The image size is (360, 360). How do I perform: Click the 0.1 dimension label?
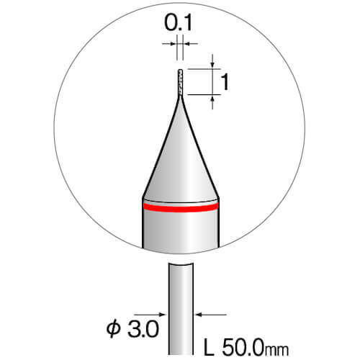[x=178, y=23]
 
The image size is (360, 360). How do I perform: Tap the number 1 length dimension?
[x=225, y=82]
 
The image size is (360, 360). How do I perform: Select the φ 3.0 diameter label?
[x=132, y=329]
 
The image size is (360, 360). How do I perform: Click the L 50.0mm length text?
[x=246, y=348]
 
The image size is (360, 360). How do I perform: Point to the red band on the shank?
[x=181, y=207]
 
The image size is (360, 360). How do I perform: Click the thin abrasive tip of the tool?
[x=180, y=82]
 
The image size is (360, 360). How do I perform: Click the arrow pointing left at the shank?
[x=211, y=314]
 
